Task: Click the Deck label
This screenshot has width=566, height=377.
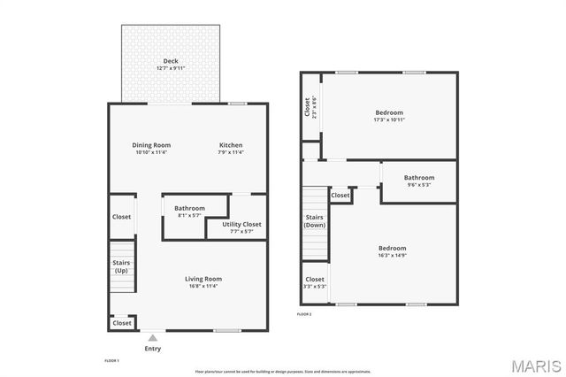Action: point(170,61)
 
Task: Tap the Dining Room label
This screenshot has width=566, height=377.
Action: point(151,145)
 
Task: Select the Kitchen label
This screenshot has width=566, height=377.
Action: point(231,145)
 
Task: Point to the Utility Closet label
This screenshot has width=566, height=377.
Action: point(241,225)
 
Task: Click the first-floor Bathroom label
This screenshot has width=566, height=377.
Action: point(189,208)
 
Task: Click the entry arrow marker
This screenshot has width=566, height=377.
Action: point(153,337)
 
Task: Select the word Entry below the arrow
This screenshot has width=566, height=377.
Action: point(153,348)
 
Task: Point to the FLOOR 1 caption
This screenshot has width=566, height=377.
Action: point(111,361)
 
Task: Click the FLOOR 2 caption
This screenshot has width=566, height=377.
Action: point(304,314)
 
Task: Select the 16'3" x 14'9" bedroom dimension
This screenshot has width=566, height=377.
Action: point(393,256)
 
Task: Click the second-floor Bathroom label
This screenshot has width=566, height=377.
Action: point(419,177)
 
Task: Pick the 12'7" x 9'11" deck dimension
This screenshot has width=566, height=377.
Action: point(170,68)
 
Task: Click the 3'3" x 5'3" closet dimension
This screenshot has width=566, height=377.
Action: point(315,286)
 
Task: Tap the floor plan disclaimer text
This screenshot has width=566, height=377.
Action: point(283,372)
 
